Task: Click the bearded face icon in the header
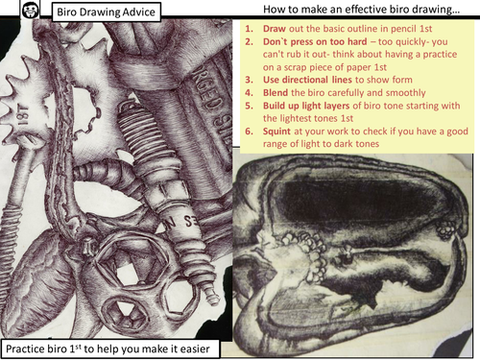point(31,11)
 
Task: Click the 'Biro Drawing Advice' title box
point(106,12)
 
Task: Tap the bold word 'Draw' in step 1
point(275,29)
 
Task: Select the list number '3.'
point(249,80)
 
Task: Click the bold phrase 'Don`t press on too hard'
point(315,41)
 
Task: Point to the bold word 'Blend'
point(276,92)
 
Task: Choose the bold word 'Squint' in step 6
point(276,132)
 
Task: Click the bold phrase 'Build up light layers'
point(306,106)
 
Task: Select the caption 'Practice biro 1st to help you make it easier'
point(108,348)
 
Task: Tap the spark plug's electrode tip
point(212,296)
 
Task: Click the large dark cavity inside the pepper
point(357,200)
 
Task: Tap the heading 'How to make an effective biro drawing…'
point(361,10)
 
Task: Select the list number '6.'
point(249,132)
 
